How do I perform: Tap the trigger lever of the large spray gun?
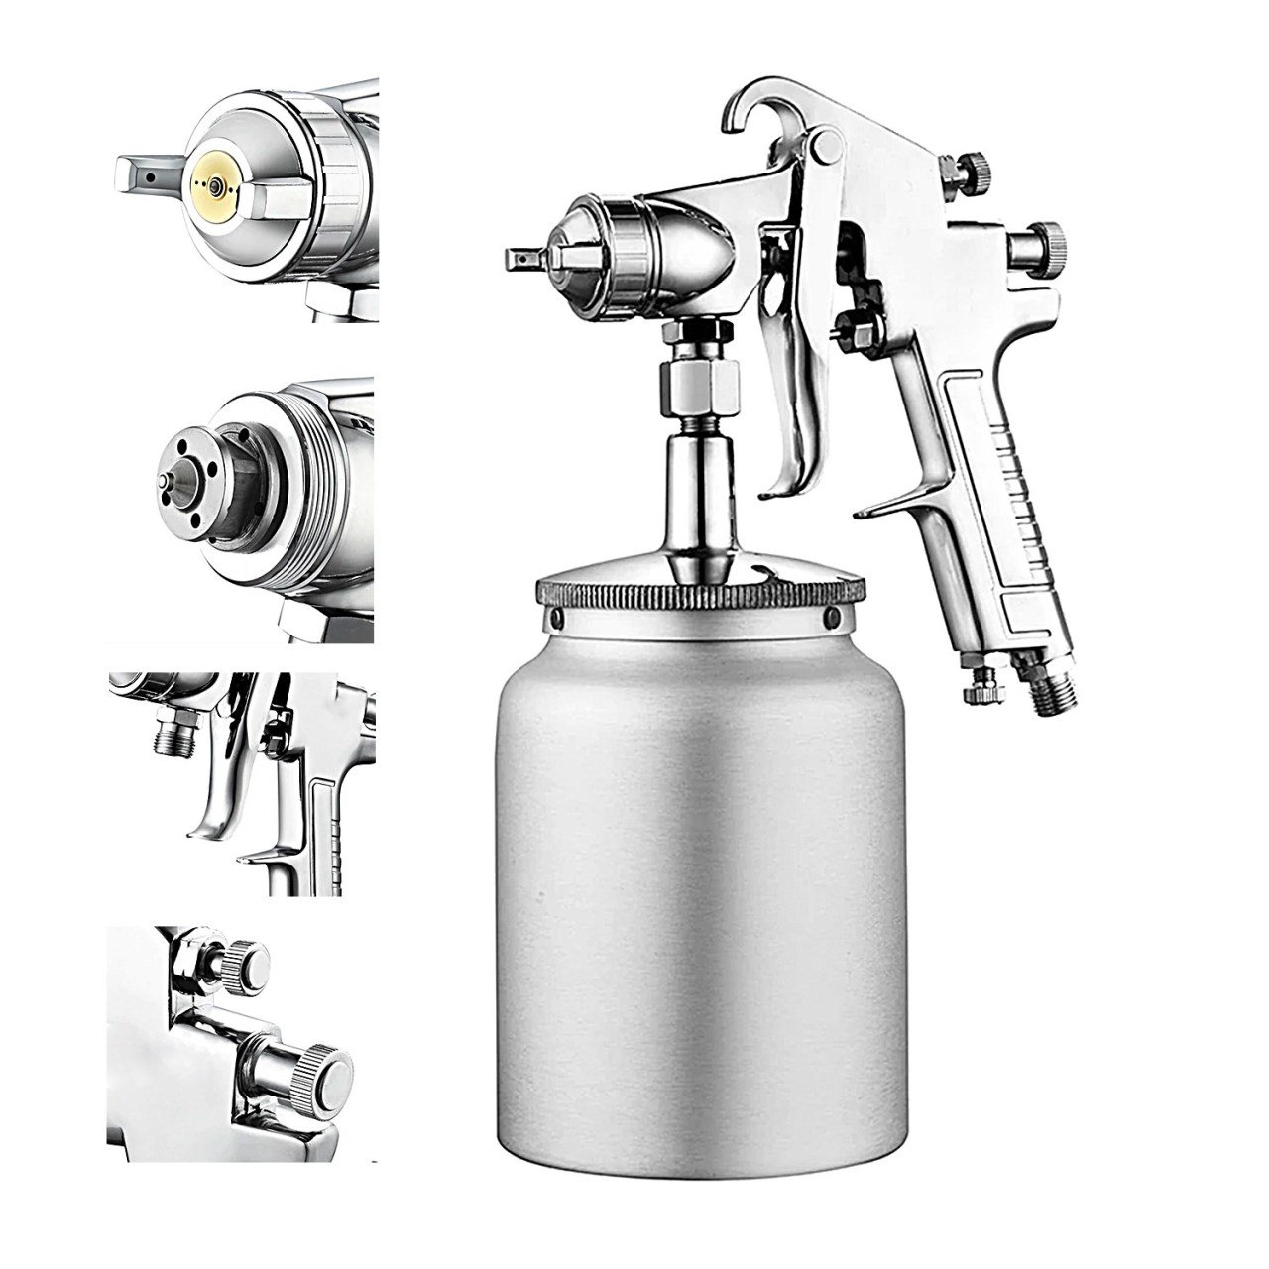(801, 397)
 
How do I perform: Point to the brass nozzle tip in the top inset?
(210, 185)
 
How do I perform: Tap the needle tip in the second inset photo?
(163, 479)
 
